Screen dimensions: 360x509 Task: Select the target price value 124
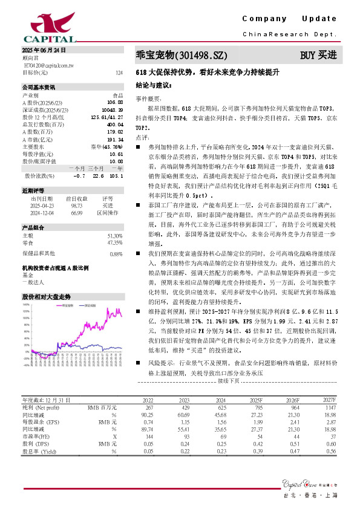coord(119,73)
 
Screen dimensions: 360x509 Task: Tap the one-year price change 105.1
coord(116,176)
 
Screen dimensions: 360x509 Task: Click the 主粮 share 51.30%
coord(115,235)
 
